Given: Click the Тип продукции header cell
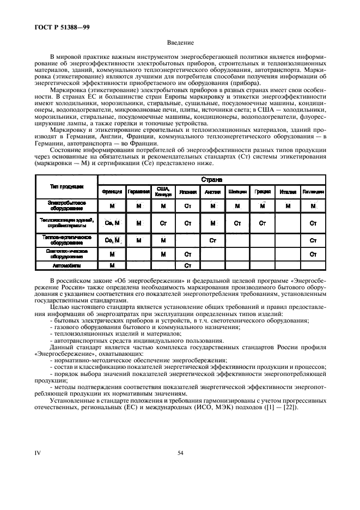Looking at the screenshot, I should [x=65, y=186].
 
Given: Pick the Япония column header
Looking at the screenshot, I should [x=187, y=192].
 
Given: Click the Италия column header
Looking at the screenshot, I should [x=287, y=192].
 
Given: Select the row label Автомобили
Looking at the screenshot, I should [x=65, y=265].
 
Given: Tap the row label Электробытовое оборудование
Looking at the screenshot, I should [x=65, y=205].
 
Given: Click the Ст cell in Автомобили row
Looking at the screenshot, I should [x=187, y=265].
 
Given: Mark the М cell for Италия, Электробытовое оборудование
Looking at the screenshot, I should [x=287, y=205].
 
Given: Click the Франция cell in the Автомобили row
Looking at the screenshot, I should [x=112, y=265].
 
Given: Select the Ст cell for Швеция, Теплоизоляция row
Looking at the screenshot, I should [x=237, y=223].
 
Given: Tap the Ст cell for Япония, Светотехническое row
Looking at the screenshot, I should [x=187, y=254].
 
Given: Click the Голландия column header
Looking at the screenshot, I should [x=313, y=192].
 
